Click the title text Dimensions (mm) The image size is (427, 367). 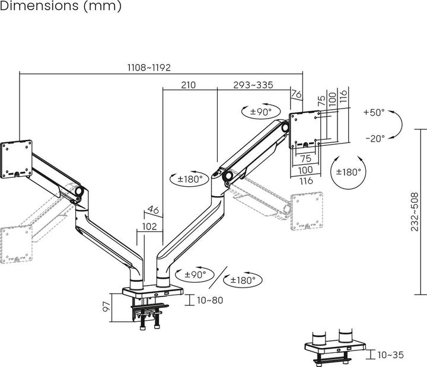[61, 7]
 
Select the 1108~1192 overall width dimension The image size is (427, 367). [149, 68]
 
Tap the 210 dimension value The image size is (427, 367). [187, 85]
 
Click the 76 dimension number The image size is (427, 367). [297, 94]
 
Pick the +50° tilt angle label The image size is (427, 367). [374, 112]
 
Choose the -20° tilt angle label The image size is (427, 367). [375, 138]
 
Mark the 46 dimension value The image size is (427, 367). [152, 209]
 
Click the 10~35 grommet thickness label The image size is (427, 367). [389, 355]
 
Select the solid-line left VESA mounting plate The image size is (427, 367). [17, 158]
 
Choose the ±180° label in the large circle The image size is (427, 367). [348, 172]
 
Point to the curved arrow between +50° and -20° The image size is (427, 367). [398, 125]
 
